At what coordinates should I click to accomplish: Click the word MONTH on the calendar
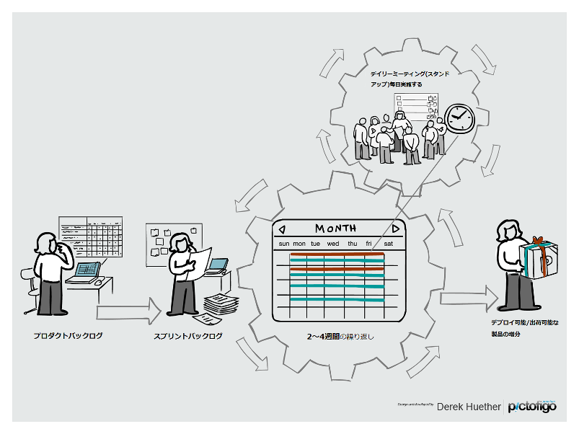335,229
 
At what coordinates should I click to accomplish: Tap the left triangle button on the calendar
282,229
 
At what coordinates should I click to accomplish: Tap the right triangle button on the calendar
395,229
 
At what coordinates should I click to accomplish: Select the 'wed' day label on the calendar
333,244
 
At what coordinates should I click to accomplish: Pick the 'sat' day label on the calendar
388,244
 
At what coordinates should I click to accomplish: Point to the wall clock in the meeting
459,118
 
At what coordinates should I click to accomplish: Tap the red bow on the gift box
536,241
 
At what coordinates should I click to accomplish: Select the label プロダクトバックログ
68,336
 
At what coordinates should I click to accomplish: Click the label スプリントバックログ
188,336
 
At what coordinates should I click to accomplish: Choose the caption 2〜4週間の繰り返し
340,337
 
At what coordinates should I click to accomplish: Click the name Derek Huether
469,407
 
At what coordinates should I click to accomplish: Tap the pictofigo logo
532,407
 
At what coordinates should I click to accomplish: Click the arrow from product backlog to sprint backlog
129,312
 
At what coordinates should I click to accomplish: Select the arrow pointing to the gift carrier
469,298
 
